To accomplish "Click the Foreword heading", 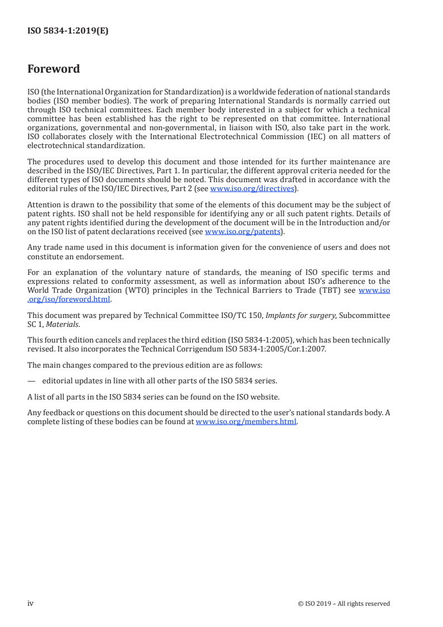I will coord(54,69).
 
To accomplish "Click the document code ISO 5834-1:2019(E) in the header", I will coord(68,31).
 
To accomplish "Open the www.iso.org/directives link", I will coord(251,188).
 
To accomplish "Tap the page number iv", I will coord(31,604).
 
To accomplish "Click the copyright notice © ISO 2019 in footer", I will coord(344,604).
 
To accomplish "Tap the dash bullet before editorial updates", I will coord(32,381).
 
